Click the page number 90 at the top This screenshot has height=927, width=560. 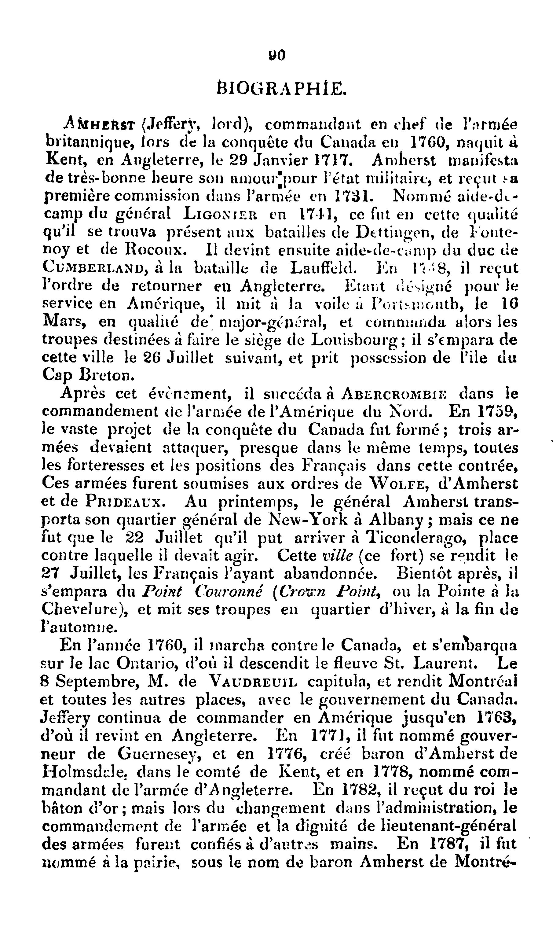[x=277, y=56]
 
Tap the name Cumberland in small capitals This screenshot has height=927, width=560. [x=93, y=268]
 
